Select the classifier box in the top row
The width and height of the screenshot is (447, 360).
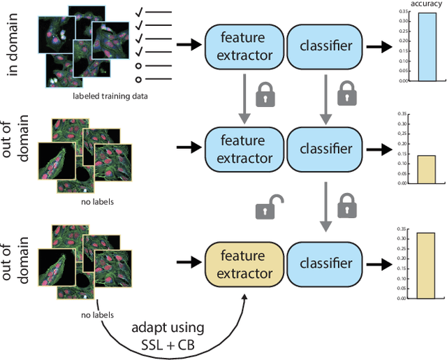tap(325, 45)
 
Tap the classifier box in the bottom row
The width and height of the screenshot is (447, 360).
tap(325, 263)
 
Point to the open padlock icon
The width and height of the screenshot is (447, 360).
tap(265, 207)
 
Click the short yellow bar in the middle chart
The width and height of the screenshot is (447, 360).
tap(425, 170)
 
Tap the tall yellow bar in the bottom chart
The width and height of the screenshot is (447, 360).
tap(425, 266)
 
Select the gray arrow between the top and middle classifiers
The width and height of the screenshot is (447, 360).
tap(325, 97)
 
